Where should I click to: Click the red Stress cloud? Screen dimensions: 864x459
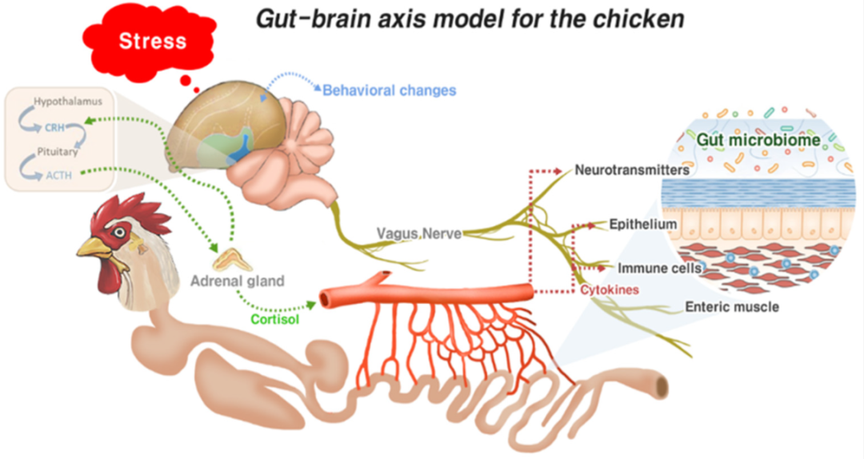[x=149, y=42]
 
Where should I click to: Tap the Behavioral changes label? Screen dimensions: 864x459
[x=389, y=90]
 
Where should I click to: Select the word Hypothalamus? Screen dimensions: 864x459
[x=68, y=102]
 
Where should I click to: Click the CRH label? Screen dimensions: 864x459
[x=54, y=128]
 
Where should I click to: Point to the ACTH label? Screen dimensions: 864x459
[x=58, y=175]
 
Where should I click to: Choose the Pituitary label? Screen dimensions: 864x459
[x=58, y=151]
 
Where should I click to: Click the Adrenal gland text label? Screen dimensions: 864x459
[x=238, y=281]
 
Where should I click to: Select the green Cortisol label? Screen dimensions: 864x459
[x=275, y=320]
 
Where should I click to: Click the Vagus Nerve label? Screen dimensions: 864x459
[x=418, y=233]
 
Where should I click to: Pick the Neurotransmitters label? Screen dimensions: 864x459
[x=632, y=170]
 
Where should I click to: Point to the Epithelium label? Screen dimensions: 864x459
[x=642, y=224]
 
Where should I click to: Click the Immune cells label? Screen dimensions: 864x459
[x=659, y=269]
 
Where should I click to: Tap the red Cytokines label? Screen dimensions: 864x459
[x=610, y=289]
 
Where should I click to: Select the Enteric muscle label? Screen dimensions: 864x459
[x=732, y=307]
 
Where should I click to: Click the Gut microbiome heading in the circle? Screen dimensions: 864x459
[x=758, y=140]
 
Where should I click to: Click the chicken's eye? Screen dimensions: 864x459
[x=118, y=231]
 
